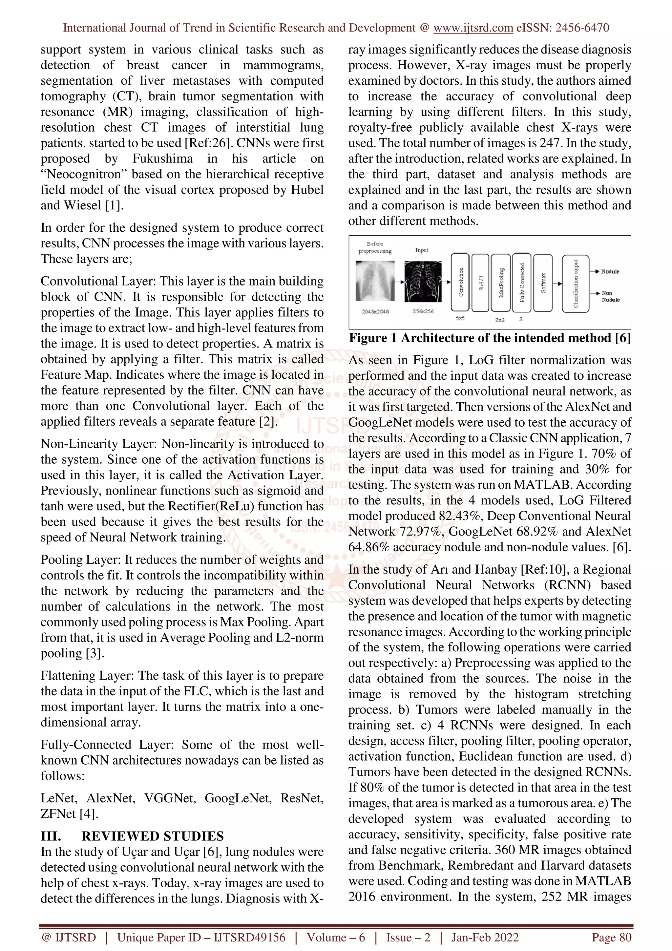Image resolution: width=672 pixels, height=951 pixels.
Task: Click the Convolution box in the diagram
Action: tap(460, 282)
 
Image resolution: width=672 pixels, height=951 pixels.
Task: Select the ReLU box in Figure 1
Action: tap(480, 282)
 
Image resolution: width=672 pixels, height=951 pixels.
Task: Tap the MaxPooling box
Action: tap(501, 282)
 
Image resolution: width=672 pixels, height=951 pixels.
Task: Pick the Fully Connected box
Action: tap(522, 282)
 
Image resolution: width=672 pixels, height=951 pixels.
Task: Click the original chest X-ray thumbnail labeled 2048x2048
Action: tap(375, 281)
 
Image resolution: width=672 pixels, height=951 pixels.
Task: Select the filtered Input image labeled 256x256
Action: tap(422, 281)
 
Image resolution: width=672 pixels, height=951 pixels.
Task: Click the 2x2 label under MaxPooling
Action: tap(500, 319)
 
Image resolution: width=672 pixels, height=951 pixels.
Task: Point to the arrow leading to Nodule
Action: tap(595, 271)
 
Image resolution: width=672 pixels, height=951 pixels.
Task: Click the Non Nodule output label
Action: tap(610, 296)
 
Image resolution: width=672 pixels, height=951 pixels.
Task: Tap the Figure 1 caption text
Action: tap(490, 338)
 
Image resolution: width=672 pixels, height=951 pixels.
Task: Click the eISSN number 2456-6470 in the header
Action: tap(582, 28)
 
